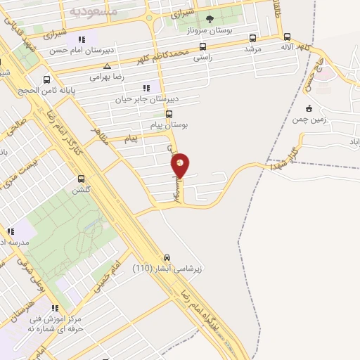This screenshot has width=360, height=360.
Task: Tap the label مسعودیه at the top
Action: point(88,12)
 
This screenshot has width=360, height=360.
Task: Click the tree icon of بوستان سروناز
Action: point(209,19)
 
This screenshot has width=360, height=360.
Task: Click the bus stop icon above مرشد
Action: point(253,39)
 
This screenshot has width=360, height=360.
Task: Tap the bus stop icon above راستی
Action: point(203,47)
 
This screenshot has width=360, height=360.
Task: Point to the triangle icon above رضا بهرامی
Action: point(107,66)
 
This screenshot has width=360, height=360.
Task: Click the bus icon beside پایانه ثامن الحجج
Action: point(46,79)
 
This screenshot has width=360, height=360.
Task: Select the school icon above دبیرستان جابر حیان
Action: point(146,88)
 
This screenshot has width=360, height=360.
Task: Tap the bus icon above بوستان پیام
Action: point(169,113)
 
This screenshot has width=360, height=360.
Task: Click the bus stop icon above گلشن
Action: point(82,179)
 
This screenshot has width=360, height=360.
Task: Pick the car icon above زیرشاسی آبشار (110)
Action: point(167,257)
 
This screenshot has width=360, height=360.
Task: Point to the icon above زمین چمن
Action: point(309,108)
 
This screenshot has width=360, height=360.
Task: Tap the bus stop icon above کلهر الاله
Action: point(287,37)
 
